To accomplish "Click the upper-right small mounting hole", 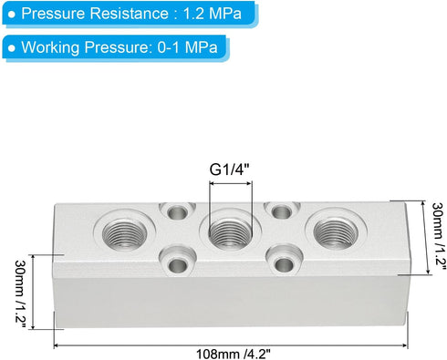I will click(x=280, y=211).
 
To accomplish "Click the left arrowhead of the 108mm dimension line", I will click(x=57, y=344).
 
